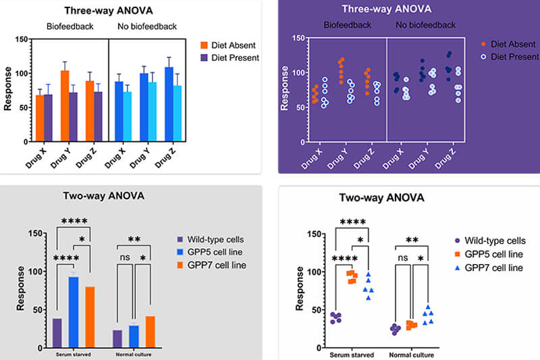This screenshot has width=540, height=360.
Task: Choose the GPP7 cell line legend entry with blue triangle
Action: coord(487,268)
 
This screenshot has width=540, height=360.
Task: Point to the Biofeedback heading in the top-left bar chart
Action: coord(70,26)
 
